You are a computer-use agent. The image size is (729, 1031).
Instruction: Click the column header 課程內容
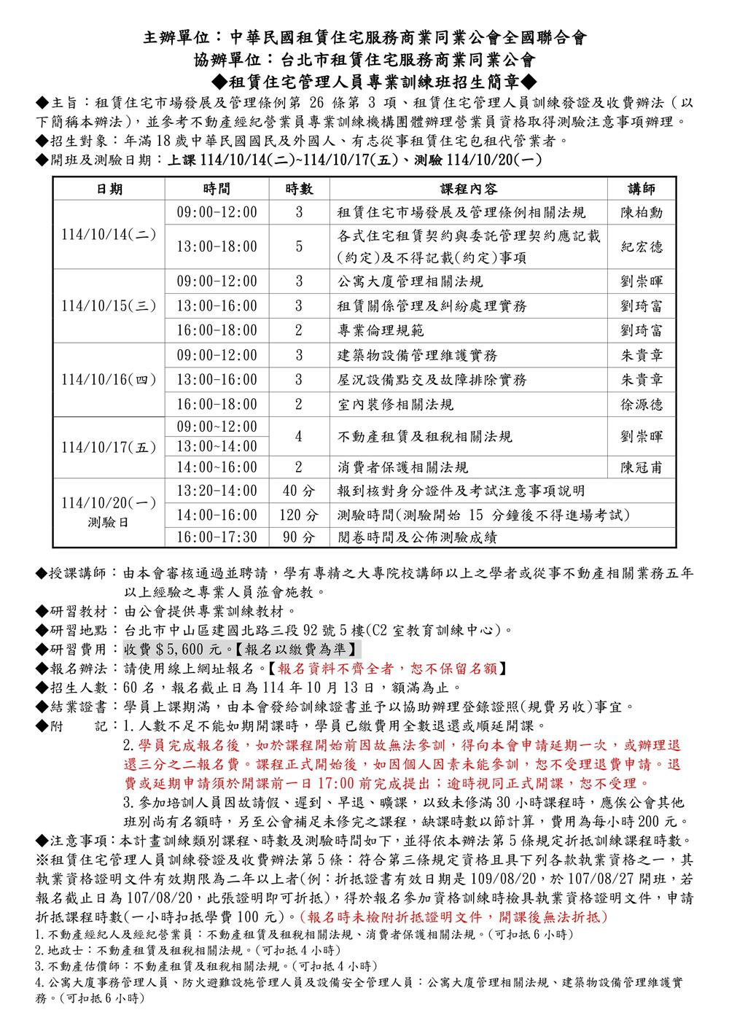pos(469,190)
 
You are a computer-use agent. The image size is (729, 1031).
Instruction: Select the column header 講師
pos(642,190)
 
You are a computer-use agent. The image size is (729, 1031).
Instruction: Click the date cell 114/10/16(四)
pos(109,380)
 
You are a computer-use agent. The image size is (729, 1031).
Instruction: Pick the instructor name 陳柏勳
pos(642,213)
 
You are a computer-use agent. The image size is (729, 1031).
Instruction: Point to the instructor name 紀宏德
pos(642,247)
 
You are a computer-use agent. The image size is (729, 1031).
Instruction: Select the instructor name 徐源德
pos(642,405)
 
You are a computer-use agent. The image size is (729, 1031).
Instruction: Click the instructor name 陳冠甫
pos(642,467)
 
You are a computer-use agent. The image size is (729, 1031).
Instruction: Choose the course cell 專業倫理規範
pos(381,330)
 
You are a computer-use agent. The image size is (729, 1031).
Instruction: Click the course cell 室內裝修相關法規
pos(395,405)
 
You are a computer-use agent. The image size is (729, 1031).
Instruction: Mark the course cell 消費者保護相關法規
pos(402,467)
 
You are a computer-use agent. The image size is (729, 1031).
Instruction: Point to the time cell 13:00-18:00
pos(217,247)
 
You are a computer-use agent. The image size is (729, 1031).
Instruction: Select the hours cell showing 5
pos(299,247)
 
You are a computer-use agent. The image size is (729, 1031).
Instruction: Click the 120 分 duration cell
pos(299,515)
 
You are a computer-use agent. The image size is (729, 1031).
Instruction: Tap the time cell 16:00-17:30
pos(217,539)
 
